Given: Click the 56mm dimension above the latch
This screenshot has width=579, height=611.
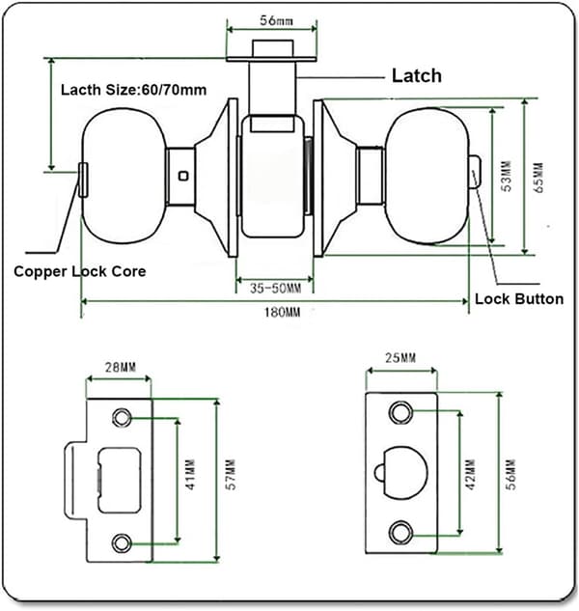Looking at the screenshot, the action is coord(276,20).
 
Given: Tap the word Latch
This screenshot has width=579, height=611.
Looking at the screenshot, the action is coord(417,75).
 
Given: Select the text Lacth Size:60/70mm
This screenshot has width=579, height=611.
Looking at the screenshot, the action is coord(133,90).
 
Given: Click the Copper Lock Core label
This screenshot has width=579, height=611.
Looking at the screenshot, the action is coord(80,271).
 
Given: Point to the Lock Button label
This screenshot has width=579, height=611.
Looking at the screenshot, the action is coord(519,299).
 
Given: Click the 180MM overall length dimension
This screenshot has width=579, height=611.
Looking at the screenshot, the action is coord(283,313).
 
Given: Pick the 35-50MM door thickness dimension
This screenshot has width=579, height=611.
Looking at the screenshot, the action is coord(275,289).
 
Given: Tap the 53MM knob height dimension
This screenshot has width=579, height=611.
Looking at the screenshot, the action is coord(507,176).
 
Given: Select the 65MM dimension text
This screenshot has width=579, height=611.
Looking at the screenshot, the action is coord(538,178).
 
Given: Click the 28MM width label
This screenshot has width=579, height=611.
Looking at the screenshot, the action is coord(121,367).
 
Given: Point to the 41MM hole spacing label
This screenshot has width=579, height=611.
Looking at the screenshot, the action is coord(190,474).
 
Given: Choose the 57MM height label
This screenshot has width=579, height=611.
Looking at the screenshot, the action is coord(231,474).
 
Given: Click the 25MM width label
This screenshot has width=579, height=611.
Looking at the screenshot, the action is coord(400,358).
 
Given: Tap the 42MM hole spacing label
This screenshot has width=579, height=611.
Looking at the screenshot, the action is coord(470,474).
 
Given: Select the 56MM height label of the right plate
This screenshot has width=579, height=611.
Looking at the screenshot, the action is coord(510,474).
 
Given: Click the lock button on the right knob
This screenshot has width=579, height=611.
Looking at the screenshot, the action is coord(475,172).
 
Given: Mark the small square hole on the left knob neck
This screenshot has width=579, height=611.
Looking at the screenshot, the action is coord(183,176).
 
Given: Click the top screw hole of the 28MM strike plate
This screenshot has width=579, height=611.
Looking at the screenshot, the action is coord(122,418).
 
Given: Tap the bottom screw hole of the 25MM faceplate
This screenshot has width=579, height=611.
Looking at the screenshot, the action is coord(400,532).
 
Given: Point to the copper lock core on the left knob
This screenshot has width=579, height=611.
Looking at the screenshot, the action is coord(83,181).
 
